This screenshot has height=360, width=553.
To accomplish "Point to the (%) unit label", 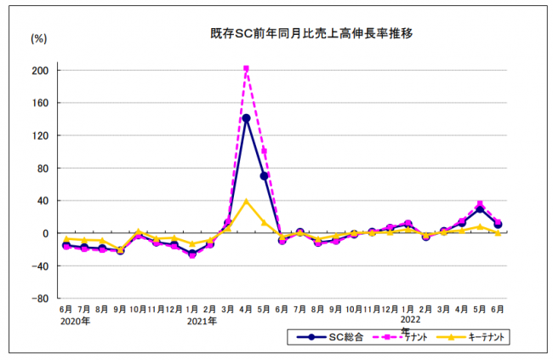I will (39, 38).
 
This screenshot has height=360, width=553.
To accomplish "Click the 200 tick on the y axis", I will (41, 71).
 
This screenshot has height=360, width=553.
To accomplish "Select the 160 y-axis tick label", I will (41, 103).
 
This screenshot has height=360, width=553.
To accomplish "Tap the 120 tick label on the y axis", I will (41, 135).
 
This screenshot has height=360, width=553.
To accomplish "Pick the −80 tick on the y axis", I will (39, 299).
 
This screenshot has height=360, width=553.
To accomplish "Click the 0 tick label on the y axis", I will (46, 233).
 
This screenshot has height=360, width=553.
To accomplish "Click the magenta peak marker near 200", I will (246, 69).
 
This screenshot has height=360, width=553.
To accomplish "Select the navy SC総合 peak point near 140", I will (246, 118).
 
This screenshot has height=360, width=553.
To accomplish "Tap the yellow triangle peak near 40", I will (246, 202).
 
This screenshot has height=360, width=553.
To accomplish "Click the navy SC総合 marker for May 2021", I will (264, 176).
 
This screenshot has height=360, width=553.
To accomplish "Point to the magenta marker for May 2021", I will (265, 151).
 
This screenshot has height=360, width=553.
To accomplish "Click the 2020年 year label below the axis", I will (74, 322).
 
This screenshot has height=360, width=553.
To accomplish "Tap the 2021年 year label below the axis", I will (201, 322).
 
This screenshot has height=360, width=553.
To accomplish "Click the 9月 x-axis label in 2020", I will (120, 309).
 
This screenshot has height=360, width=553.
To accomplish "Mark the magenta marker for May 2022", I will (481, 204).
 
